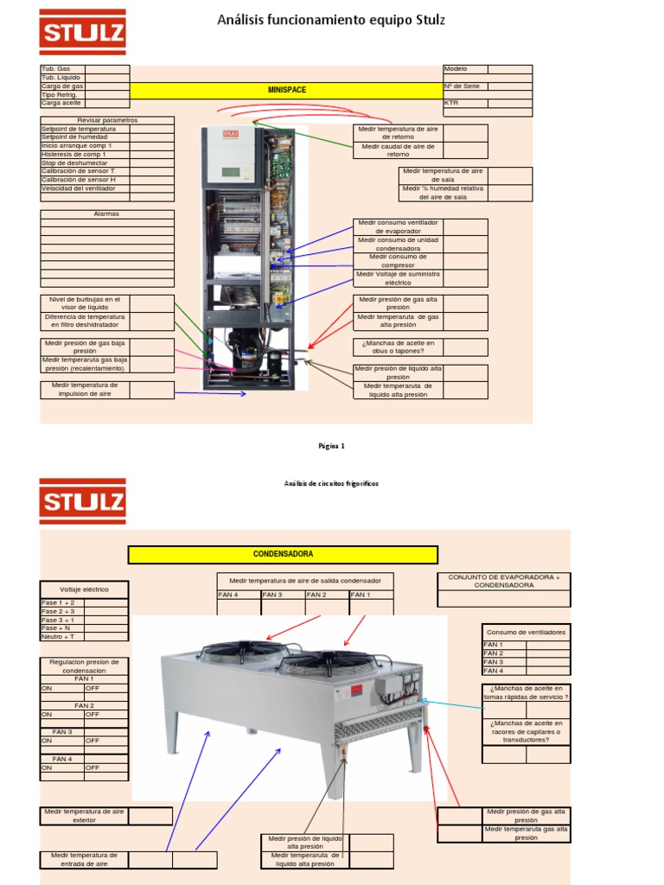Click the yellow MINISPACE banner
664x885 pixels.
point(286,90)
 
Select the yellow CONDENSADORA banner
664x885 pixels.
point(283,554)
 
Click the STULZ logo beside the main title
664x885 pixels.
point(82,32)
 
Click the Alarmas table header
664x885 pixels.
point(106,213)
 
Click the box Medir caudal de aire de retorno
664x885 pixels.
point(399,150)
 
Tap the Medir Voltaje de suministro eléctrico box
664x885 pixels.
point(399,278)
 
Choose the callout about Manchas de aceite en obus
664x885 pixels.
point(399,347)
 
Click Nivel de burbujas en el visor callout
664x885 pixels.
point(85,302)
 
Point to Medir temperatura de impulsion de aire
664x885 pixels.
point(85,390)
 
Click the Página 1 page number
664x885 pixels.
point(331,446)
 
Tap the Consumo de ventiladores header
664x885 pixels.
point(526,632)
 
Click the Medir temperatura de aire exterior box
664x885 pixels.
point(85,816)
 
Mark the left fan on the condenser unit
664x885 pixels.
point(231,652)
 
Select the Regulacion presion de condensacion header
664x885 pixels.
point(85,665)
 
